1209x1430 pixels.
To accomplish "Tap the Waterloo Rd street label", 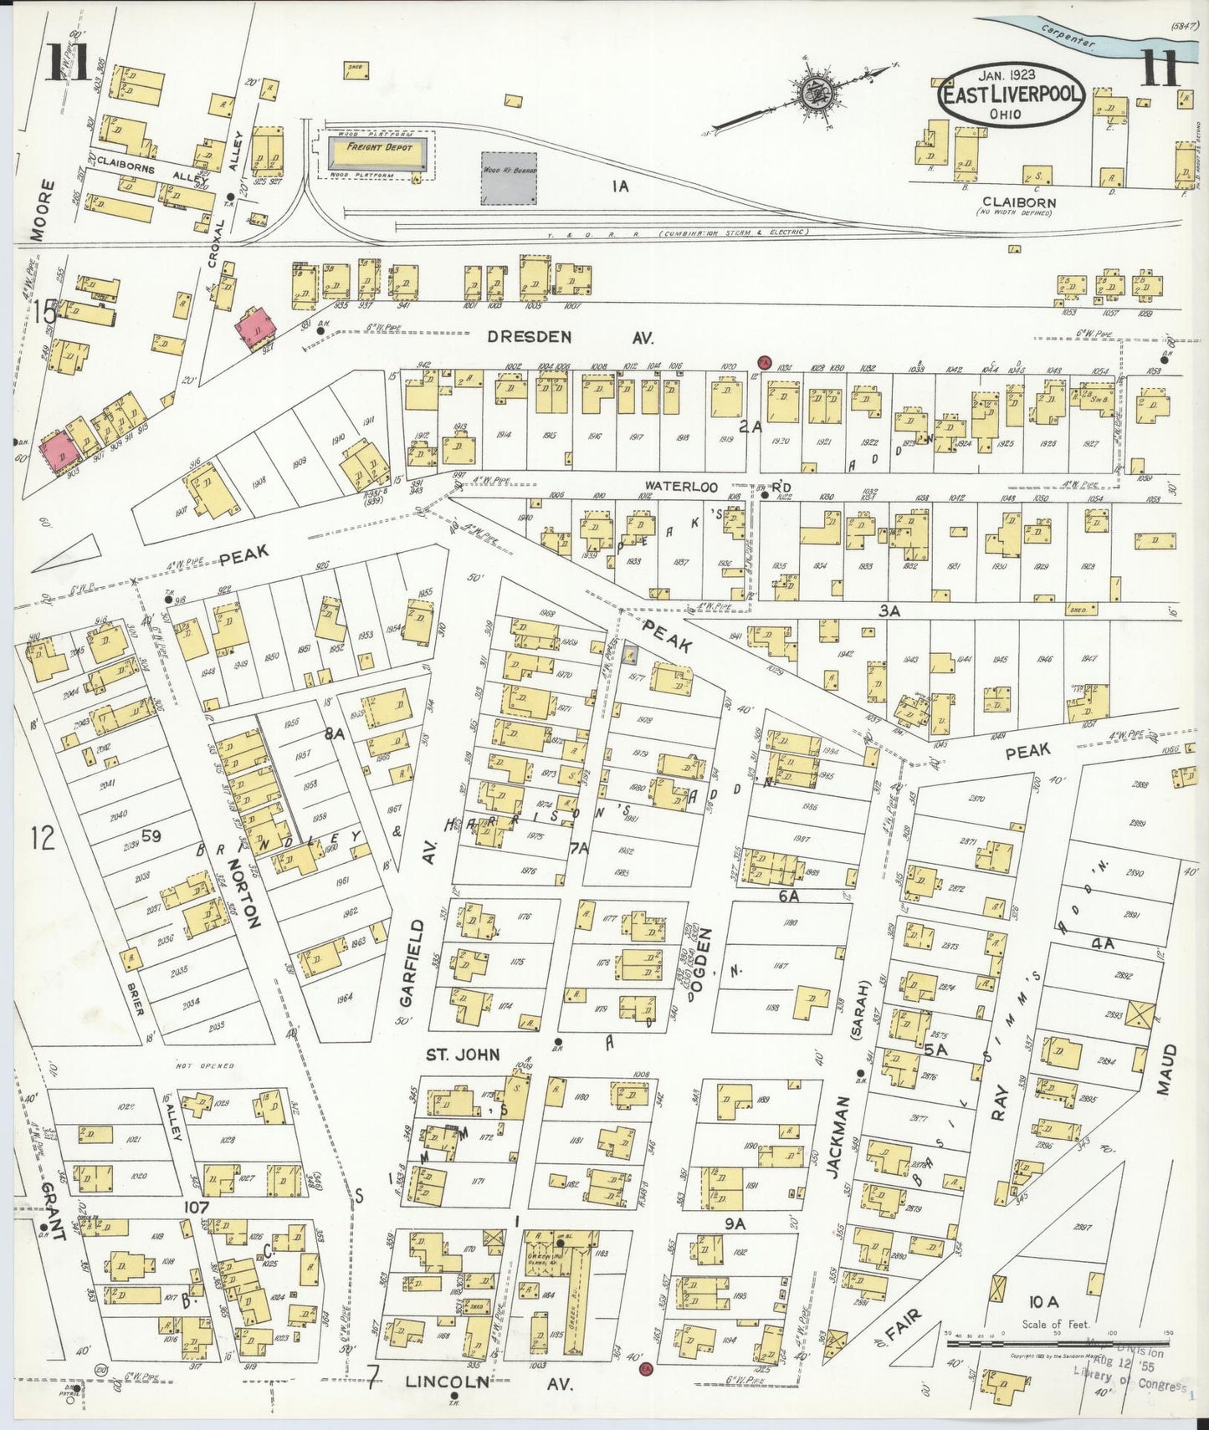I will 715,486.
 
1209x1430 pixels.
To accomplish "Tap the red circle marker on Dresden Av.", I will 763,363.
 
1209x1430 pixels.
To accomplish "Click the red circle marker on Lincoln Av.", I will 645,1369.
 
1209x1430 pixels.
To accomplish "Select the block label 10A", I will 1044,1301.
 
